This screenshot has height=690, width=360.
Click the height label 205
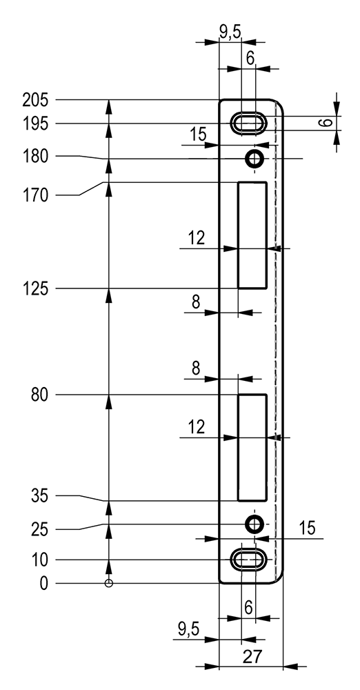(34, 101)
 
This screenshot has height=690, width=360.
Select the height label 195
(34, 124)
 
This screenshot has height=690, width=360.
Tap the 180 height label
(34, 157)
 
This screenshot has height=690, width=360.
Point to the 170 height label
(34, 195)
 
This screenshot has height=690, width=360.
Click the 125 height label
(34, 289)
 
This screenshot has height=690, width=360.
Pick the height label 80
(39, 395)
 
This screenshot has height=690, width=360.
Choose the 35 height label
(39, 496)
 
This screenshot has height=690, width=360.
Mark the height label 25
(39, 529)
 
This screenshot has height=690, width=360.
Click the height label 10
(39, 560)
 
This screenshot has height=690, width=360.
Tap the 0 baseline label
(43, 584)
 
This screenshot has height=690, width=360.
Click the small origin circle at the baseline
(109, 584)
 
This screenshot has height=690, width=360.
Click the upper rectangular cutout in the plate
(252, 235)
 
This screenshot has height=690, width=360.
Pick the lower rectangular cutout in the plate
(252, 448)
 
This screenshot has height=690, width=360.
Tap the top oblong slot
(249, 124)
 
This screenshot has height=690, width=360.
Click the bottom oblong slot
(249, 560)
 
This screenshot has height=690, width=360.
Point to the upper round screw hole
(254, 158)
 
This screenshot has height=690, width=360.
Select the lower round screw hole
(254, 524)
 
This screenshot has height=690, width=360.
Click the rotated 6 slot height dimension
(326, 122)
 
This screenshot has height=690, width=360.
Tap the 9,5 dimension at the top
(230, 33)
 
